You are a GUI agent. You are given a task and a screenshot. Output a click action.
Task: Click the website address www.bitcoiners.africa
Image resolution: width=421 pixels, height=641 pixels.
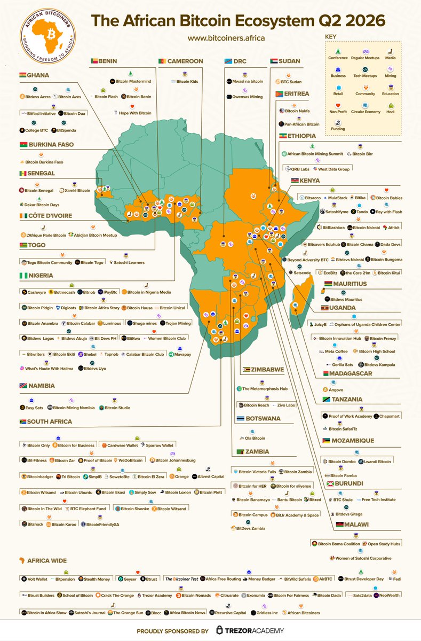click(226, 38)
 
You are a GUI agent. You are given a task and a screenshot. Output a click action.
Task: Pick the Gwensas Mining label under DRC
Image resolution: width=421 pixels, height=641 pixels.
click(247, 97)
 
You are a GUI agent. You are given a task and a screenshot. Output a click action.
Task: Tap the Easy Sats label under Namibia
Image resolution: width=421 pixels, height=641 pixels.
click(34, 408)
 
